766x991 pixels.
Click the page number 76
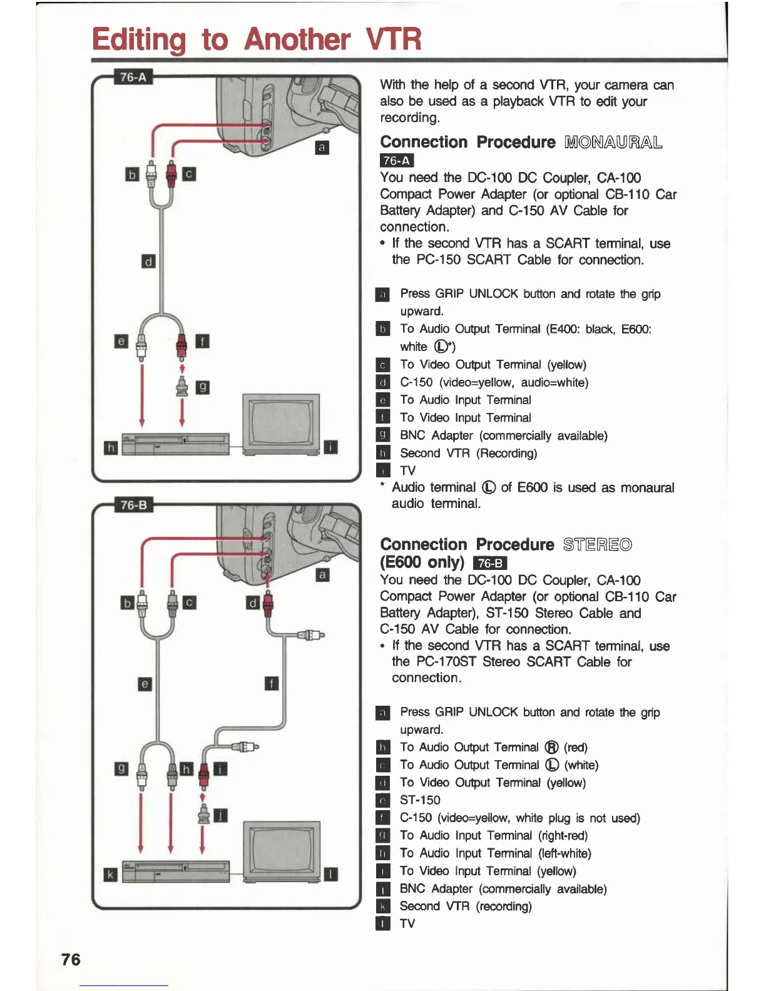tap(71, 959)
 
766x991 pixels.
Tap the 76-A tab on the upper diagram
tap(133, 77)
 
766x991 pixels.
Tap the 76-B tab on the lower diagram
tap(133, 505)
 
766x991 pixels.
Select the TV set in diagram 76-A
tap(281, 424)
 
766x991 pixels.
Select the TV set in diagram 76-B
tap(282, 851)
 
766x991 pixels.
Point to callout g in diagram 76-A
tap(202, 388)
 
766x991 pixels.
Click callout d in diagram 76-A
tap(148, 261)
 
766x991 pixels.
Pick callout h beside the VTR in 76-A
tap(110, 447)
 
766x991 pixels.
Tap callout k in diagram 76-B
tap(110, 875)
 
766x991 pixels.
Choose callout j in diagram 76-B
tap(220, 815)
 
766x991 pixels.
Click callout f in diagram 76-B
tap(271, 683)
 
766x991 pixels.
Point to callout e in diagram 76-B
tap(145, 684)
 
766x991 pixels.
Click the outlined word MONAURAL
tap(613, 142)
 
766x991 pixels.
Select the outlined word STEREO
tap(597, 544)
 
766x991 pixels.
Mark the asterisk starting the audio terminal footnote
tap(382, 486)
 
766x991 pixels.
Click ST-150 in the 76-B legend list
tap(420, 800)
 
